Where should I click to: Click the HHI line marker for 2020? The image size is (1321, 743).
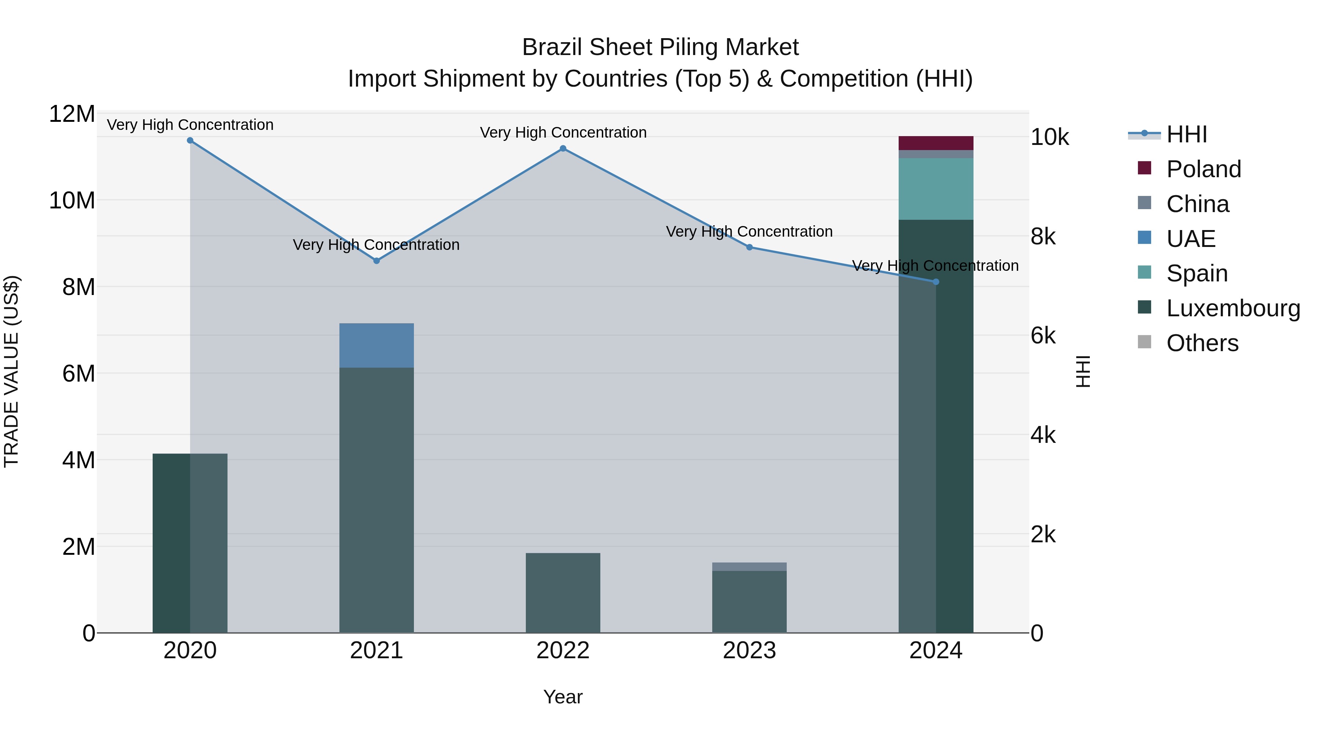[x=190, y=141]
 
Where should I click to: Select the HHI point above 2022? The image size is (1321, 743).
[x=563, y=149]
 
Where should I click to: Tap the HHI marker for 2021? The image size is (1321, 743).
[x=376, y=261]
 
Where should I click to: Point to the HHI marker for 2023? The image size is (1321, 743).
[x=749, y=247]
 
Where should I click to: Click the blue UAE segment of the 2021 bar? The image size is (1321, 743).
[x=376, y=345]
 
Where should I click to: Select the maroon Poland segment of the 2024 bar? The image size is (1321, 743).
[x=935, y=143]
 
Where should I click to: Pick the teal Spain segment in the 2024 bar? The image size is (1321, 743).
[x=935, y=189]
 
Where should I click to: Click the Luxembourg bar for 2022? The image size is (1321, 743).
[x=563, y=593]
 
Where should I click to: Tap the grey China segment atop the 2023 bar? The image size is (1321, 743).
[x=749, y=567]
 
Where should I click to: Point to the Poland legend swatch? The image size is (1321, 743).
[x=1144, y=168]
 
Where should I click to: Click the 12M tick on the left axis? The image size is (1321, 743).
[x=72, y=114]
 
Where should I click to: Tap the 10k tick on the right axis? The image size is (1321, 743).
[x=1049, y=138]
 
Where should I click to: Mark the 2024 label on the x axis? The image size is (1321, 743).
[x=935, y=651]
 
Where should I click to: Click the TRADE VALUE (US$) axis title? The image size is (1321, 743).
[x=12, y=371]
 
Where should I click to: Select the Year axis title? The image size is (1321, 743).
[x=563, y=697]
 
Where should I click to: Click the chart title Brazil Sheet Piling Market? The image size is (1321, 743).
[x=660, y=47]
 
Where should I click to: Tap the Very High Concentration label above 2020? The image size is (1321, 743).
[x=190, y=125]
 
